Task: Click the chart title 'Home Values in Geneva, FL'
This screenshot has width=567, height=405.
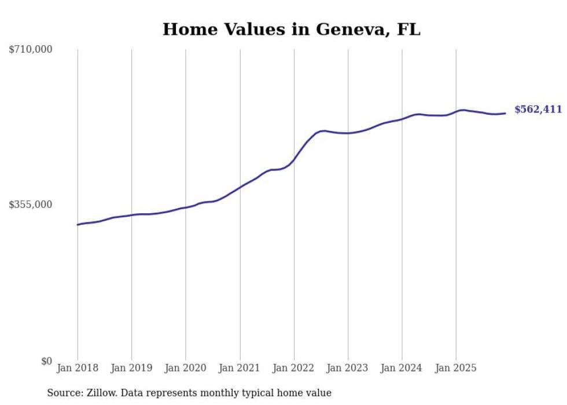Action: pyautogui.click(x=291, y=29)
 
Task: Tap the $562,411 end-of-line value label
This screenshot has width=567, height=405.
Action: pyautogui.click(x=538, y=110)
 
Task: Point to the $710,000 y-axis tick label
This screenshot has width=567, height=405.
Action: pyautogui.click(x=31, y=50)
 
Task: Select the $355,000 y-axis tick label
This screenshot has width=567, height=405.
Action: pyautogui.click(x=31, y=205)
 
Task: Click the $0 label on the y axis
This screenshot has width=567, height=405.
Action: pyautogui.click(x=46, y=361)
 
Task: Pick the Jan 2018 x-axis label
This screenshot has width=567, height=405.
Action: pyautogui.click(x=78, y=368)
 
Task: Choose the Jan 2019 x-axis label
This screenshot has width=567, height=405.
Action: pyautogui.click(x=131, y=368)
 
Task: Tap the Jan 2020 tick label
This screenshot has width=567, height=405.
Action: pyautogui.click(x=186, y=368)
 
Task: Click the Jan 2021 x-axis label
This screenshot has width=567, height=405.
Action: pyautogui.click(x=240, y=368)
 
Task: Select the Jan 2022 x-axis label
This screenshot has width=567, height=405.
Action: pyautogui.click(x=294, y=368)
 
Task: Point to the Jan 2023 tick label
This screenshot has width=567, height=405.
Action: pyautogui.click(x=348, y=368)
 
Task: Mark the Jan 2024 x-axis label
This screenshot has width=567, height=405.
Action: pyautogui.click(x=402, y=368)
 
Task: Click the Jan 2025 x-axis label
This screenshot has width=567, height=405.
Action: pyautogui.click(x=456, y=368)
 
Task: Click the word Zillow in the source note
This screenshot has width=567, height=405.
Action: pyautogui.click(x=99, y=393)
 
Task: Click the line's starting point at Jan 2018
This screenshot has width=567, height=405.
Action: pyautogui.click(x=78, y=225)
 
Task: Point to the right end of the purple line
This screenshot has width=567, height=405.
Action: pyautogui.click(x=505, y=113)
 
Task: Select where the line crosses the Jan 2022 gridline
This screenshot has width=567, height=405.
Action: pyautogui.click(x=294, y=159)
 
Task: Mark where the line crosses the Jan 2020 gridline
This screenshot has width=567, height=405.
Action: pyautogui.click(x=186, y=207)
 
